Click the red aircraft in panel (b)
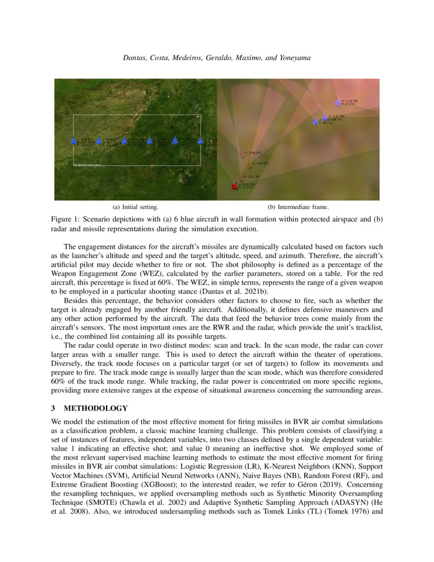(x=235, y=186)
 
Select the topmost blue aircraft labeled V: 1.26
(x=337, y=102)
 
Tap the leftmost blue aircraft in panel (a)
(x=73, y=140)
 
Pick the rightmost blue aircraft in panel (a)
(x=200, y=140)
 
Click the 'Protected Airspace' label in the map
(x=87, y=165)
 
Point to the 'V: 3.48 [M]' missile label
(x=253, y=152)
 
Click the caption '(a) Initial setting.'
(x=135, y=207)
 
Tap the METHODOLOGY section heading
(x=95, y=408)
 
